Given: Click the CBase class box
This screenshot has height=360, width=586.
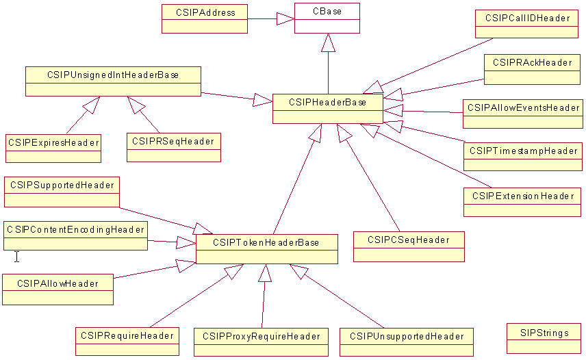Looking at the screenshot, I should (x=327, y=18).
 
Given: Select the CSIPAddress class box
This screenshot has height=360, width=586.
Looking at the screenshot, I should (x=205, y=18).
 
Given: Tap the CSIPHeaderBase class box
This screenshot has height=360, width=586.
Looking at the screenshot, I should (x=327, y=108).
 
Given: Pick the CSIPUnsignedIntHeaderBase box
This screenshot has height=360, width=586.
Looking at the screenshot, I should (x=113, y=81).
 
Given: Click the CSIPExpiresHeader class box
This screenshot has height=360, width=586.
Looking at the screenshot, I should (x=53, y=148).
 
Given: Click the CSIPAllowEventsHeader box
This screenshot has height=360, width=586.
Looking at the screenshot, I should (x=523, y=114).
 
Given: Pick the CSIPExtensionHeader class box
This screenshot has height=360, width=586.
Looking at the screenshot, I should (x=522, y=201).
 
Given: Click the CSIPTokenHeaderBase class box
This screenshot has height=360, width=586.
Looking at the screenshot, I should (x=266, y=249).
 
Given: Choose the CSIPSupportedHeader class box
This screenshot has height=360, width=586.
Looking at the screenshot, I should (x=62, y=192).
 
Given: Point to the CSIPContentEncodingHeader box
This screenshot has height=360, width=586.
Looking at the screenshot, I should (x=75, y=235).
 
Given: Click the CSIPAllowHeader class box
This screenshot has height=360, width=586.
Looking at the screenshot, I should (x=58, y=289).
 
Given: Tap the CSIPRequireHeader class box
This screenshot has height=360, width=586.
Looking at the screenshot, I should (x=127, y=342).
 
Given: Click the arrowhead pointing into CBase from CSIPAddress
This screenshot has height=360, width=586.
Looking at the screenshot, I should (x=285, y=19).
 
